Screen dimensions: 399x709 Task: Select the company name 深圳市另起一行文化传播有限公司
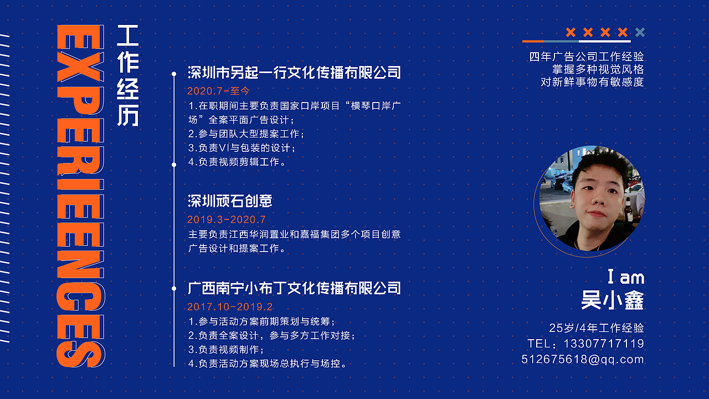[x=294, y=73]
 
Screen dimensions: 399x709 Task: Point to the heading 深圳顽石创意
[x=230, y=201]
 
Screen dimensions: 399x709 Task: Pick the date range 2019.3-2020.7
[x=227, y=220]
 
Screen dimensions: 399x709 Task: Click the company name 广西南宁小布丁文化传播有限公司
[x=294, y=288]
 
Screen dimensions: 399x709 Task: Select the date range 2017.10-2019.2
[x=230, y=307]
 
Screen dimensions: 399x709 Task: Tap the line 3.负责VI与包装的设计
[x=242, y=148]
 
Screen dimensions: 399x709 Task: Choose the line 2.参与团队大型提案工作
[x=246, y=134]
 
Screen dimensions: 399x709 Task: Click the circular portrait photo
[x=592, y=198]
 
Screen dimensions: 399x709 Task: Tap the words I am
[x=625, y=277]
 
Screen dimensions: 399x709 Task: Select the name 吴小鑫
[x=613, y=301]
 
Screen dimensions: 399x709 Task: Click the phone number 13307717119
[x=604, y=344]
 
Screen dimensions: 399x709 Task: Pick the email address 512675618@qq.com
[x=583, y=359]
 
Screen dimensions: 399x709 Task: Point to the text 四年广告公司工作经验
[x=587, y=57]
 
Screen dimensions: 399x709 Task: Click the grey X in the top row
[x=640, y=32]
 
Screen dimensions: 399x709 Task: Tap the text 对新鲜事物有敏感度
[x=592, y=82]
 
